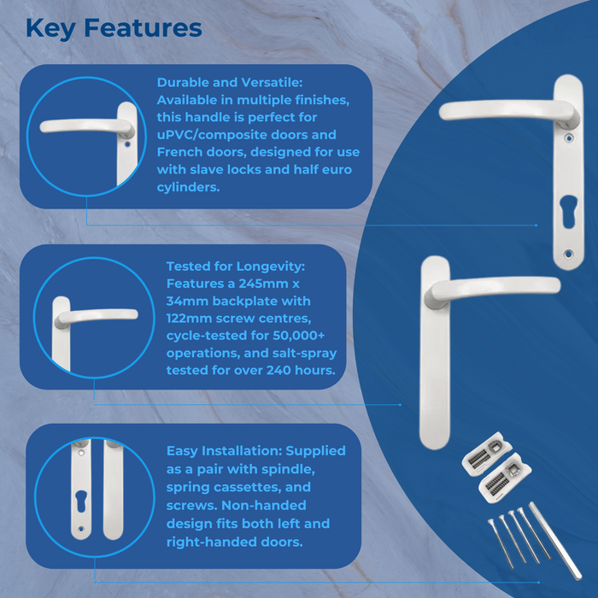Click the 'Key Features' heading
coord(114,27)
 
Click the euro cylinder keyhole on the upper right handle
coord(566,211)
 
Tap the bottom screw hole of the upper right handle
coord(568,254)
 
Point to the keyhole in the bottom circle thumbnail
coord(80,501)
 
